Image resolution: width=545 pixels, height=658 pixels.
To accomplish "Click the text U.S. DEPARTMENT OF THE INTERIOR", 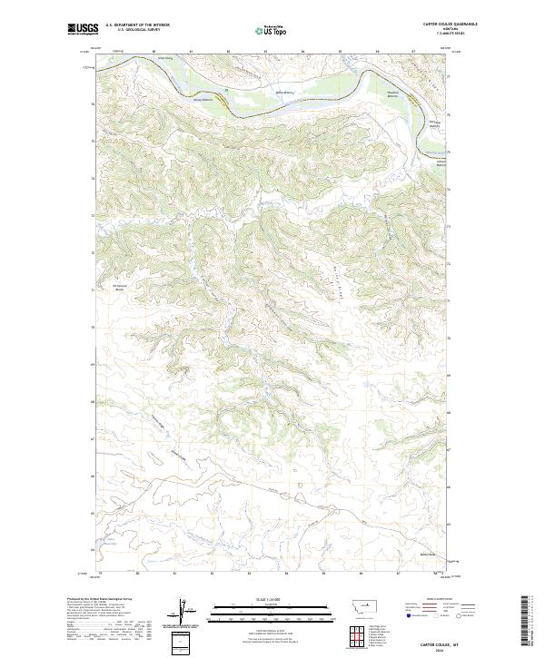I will coord(137,25).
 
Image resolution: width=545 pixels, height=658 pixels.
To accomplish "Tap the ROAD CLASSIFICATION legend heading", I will coord(440,599).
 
